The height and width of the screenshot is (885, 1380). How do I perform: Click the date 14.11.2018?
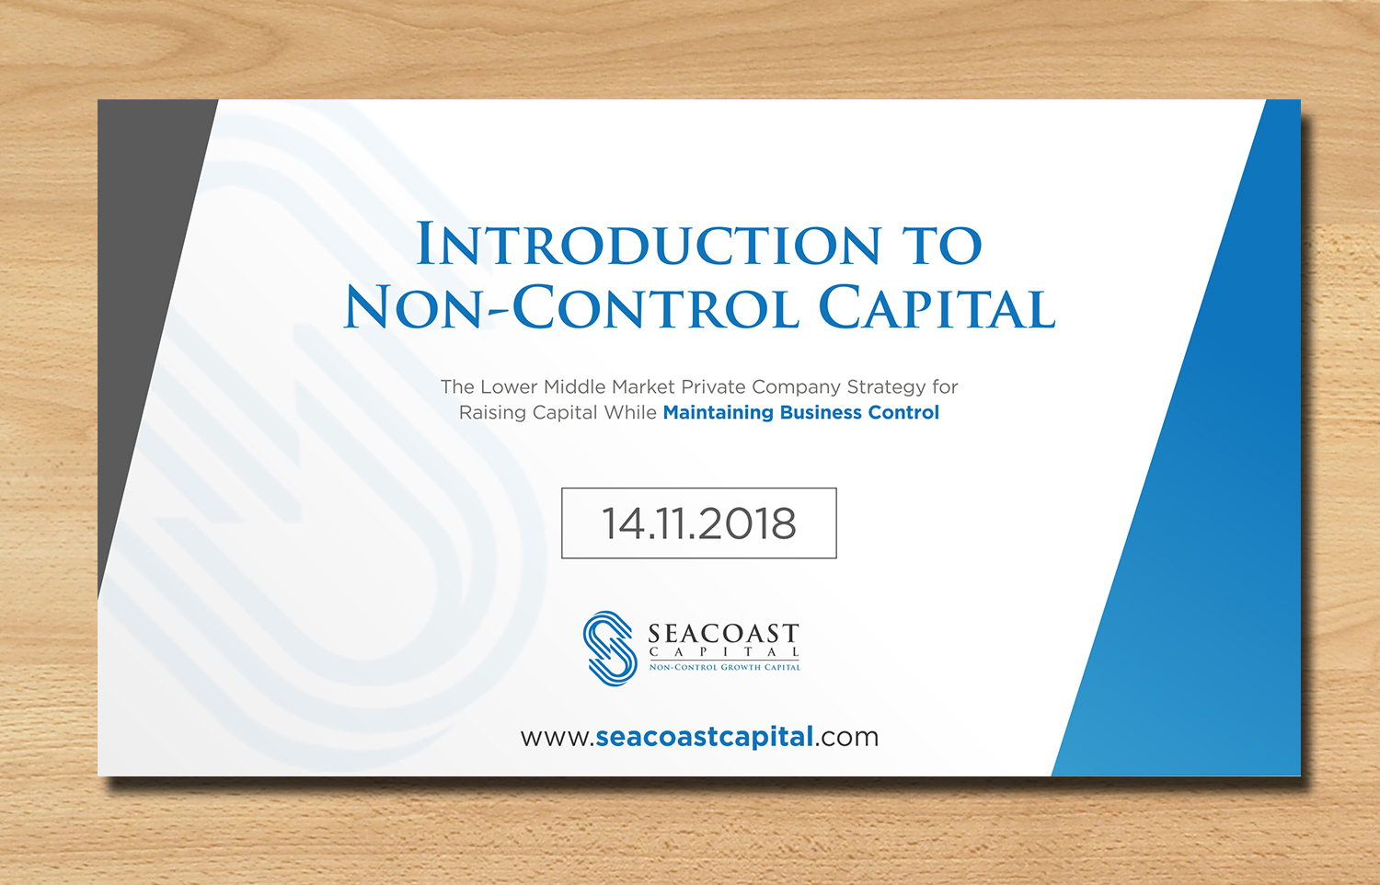pyautogui.click(x=699, y=523)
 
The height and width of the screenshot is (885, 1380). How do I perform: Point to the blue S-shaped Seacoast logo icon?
pyautogui.click(x=609, y=649)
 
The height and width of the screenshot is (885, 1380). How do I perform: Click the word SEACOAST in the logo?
pyautogui.click(x=724, y=634)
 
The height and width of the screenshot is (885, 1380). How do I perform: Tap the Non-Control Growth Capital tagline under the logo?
pyautogui.click(x=725, y=667)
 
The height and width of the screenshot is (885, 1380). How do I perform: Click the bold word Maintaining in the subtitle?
pyautogui.click(x=718, y=412)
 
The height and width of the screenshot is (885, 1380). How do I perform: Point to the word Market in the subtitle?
pyautogui.click(x=644, y=387)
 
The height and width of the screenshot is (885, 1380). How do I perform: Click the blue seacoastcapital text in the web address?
pyautogui.click(x=705, y=737)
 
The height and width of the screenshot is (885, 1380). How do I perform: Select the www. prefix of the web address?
pyautogui.click(x=557, y=738)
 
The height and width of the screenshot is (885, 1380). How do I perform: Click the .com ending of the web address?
pyautogui.click(x=847, y=738)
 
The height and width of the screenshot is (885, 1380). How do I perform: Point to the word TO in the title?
pyautogui.click(x=942, y=245)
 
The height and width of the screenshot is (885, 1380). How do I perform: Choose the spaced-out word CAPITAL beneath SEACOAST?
pyautogui.click(x=725, y=652)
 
